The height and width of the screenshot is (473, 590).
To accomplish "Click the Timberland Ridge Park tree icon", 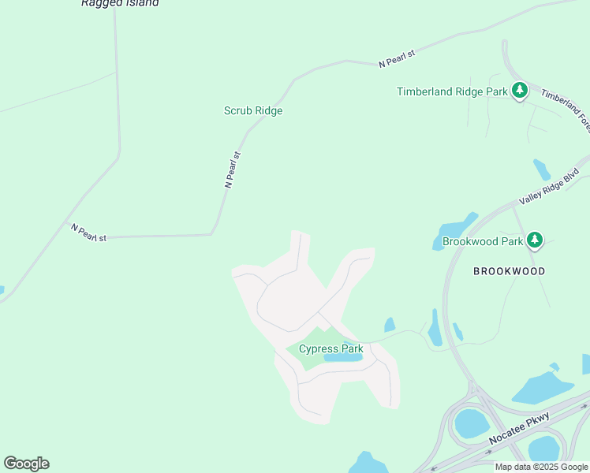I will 519,91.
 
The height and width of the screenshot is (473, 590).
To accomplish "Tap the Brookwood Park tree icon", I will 536,239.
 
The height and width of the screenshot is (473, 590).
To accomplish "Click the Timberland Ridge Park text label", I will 452,91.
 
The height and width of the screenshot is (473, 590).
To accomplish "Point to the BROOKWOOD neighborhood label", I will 509,271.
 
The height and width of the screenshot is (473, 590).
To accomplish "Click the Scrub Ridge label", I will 253,111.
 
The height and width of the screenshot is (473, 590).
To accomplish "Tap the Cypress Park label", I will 330,348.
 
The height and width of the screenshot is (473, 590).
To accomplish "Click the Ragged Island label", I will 120,3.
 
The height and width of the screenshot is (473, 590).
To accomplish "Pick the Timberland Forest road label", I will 566,109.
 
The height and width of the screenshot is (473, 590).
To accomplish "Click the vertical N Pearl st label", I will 232,169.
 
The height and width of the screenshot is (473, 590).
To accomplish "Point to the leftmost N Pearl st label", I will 88,233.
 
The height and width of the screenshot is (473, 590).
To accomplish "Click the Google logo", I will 26,464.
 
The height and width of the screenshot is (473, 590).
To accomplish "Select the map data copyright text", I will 541,467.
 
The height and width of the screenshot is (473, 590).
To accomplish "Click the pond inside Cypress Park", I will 343,357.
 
